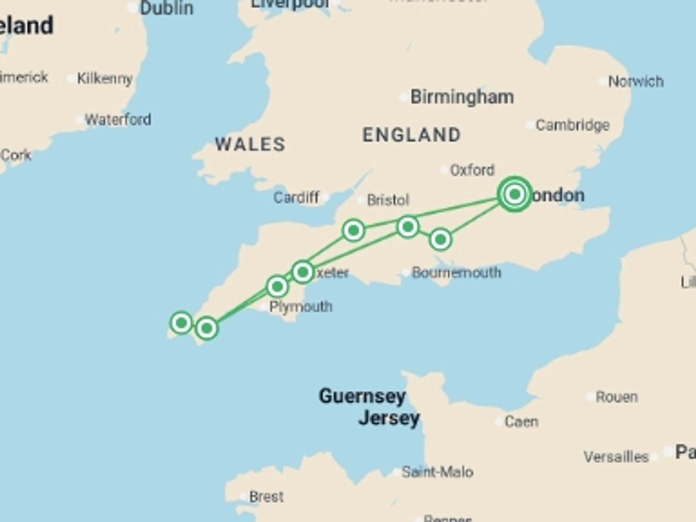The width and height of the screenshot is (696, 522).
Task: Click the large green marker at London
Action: [514, 194]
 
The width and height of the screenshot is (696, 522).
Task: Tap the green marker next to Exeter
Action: [303, 272]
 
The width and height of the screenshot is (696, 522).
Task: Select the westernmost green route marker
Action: [181, 322]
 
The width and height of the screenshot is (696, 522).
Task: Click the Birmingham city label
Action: [462, 97]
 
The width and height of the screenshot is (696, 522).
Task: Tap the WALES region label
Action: [250, 144]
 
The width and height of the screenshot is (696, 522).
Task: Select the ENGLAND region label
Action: [411, 135]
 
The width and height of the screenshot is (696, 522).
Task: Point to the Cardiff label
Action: [296, 198]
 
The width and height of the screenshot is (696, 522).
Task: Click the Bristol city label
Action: [388, 200]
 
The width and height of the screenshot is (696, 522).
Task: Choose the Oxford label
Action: [472, 170]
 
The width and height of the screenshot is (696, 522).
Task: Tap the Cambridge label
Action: [572, 125]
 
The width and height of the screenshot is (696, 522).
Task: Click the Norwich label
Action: [636, 81]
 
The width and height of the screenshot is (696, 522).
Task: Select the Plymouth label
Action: [301, 307]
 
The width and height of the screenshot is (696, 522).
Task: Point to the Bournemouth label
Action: [456, 273]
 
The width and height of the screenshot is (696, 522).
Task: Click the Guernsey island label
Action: [362, 396]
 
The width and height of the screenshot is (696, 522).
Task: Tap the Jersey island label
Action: [389, 418]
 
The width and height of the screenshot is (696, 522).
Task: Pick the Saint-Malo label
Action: [437, 472]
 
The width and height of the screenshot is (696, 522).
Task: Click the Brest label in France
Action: [266, 497]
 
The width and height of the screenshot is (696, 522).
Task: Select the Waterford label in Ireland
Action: [118, 119]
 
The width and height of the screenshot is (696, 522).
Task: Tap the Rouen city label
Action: [617, 397]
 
